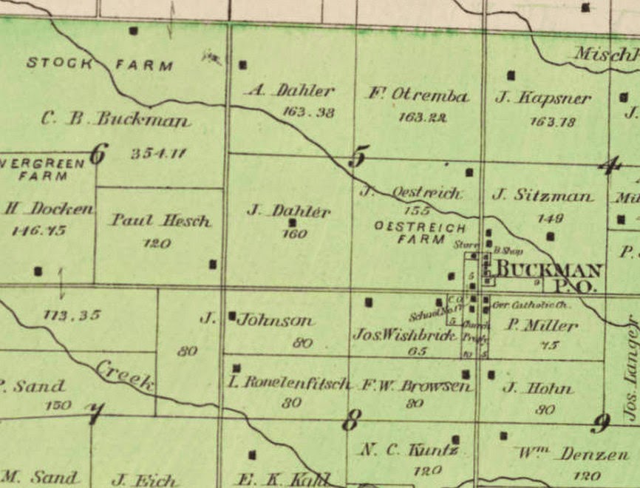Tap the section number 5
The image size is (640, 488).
tap(358, 157)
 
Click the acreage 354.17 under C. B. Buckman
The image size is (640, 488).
tap(158, 154)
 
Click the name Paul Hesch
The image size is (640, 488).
tap(161, 220)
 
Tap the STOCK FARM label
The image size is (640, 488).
tap(100, 64)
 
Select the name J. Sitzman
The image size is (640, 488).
tap(542, 196)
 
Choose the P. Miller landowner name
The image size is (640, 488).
tap(542, 325)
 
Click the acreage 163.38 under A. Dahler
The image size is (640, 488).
tap(299, 112)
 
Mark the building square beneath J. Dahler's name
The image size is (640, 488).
tap(293, 223)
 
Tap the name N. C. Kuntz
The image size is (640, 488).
tap(411, 450)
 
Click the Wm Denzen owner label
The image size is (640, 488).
tap(573, 453)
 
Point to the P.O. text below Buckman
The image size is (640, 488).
tap(579, 286)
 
